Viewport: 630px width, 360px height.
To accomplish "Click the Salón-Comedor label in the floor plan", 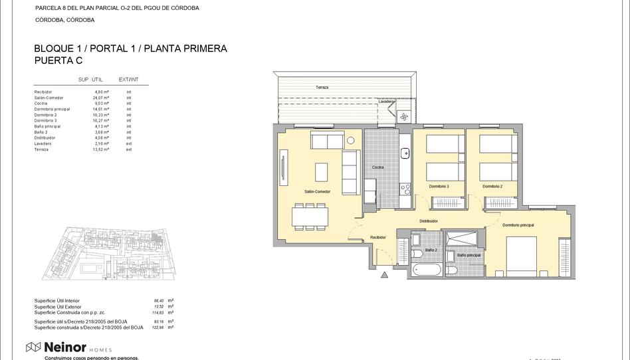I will tap(317, 192).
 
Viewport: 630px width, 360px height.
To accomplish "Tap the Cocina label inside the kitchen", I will tap(377, 167).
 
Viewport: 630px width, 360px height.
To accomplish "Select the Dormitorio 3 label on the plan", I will tap(439, 186).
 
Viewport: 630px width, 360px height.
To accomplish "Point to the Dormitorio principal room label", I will tap(518, 225).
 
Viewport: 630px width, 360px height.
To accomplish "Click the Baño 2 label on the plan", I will tap(431, 250).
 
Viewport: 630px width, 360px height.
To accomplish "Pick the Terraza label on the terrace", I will tap(322, 88).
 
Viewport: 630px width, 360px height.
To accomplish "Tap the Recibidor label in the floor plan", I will tap(378, 237).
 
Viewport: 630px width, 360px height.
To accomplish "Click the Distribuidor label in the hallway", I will tap(428, 221).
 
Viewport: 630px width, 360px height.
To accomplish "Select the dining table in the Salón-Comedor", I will tap(309, 217).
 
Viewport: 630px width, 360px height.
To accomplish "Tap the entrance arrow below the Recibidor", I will tap(383, 275).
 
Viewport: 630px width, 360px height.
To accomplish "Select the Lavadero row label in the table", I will tap(43, 143).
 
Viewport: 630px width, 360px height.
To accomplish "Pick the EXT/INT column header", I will tap(128, 80).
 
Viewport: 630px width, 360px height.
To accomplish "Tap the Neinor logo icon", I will tap(33, 347).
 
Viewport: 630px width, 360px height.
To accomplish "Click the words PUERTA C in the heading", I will tap(58, 60).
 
